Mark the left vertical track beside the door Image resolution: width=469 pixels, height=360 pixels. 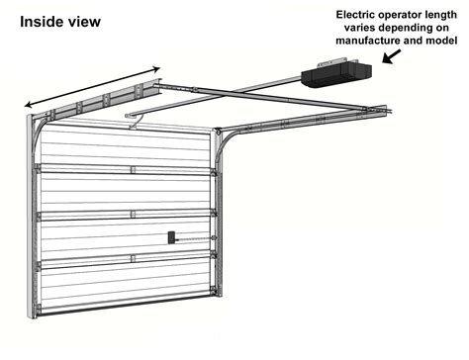[x=32, y=218]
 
